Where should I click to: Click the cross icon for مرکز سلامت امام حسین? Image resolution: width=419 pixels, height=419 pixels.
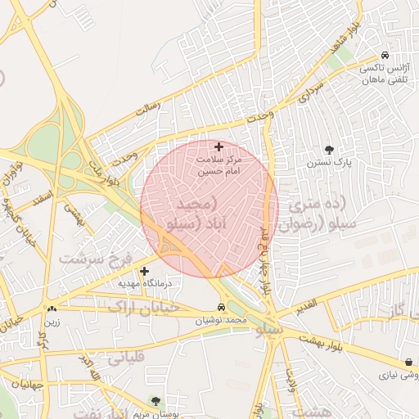[x=219, y=146]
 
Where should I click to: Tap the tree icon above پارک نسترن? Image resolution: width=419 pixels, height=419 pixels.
[x=330, y=150]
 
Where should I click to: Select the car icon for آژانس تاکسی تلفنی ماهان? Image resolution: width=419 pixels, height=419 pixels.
[x=385, y=55]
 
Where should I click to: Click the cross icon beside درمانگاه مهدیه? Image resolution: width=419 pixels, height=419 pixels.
[x=145, y=270]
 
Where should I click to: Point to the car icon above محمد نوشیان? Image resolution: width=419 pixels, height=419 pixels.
[x=221, y=308]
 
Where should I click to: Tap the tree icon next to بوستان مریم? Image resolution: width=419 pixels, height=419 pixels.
[x=155, y=401]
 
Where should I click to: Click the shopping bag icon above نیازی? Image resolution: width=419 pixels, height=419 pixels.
[x=408, y=363]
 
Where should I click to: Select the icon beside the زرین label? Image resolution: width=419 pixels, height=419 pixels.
[x=52, y=309]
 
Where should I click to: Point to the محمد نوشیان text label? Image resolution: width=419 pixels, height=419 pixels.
[x=221, y=322]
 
